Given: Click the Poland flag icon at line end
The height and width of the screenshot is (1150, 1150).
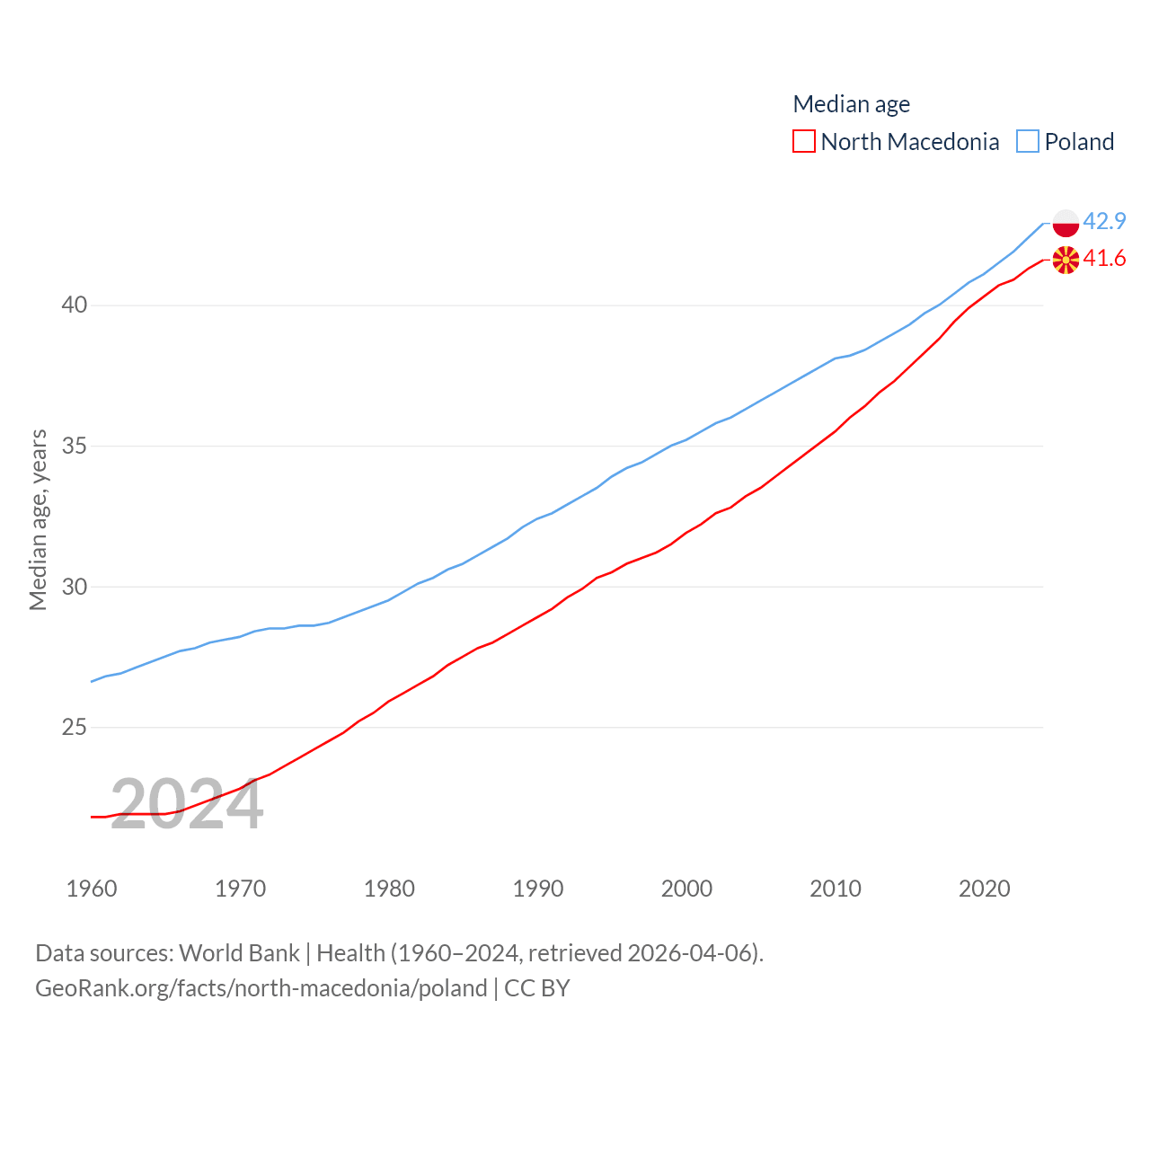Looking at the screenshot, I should (x=1066, y=222).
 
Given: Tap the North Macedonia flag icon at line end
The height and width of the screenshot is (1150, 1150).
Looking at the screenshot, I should (x=1066, y=260).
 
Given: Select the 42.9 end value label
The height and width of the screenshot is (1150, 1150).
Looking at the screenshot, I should (x=1104, y=221).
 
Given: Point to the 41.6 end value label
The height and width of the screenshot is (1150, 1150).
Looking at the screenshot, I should (x=1104, y=259).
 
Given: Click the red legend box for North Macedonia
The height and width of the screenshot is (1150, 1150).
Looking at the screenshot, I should (x=804, y=142).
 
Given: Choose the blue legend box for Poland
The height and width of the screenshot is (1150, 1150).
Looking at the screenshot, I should (x=1028, y=142).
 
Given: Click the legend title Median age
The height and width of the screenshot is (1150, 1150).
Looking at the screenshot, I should (x=851, y=104).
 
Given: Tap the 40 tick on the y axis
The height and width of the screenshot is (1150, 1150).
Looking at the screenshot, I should (x=75, y=305).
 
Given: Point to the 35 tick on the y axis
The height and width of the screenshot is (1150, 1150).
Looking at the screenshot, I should (x=75, y=447).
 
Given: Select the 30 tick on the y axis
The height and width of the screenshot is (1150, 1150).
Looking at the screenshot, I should (x=75, y=587).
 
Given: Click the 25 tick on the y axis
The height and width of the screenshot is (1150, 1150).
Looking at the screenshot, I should (x=75, y=728).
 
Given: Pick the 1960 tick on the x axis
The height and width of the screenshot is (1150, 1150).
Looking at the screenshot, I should (x=92, y=889).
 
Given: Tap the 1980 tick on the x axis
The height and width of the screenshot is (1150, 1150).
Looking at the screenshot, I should (x=389, y=889).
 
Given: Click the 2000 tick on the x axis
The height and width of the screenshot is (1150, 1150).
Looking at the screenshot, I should (x=686, y=889).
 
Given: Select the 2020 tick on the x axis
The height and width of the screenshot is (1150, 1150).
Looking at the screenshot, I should (x=985, y=889).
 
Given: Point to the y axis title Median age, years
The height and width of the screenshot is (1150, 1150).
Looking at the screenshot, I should (x=38, y=520).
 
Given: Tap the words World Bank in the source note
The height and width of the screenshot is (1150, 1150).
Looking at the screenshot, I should (x=239, y=953).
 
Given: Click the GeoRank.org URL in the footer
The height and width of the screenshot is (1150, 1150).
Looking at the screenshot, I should (x=261, y=988).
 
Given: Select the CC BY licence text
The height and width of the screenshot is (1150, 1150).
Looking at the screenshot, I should (x=537, y=988).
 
